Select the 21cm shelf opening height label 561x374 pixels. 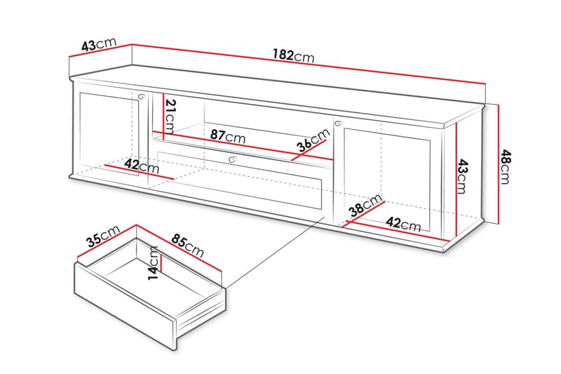(x=170, y=118)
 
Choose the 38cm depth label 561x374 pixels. (x=365, y=208)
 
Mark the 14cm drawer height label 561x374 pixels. (x=153, y=262)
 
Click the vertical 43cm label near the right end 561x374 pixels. (x=461, y=175)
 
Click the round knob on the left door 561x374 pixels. (x=142, y=96)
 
